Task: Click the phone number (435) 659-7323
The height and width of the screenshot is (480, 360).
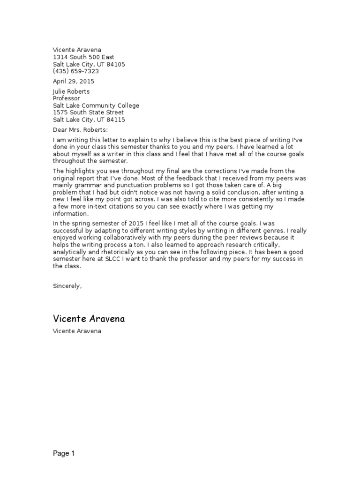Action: [75, 71]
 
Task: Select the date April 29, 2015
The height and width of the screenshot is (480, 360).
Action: [73, 81]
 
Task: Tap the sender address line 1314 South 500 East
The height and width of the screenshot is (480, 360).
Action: [83, 57]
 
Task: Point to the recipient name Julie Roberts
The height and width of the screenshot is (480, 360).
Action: [71, 91]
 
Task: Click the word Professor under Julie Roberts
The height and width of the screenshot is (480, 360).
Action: [66, 98]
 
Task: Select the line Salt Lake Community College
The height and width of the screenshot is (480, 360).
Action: [96, 105]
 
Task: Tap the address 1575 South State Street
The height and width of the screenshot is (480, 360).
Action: [88, 112]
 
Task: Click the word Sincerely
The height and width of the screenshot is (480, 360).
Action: [67, 285]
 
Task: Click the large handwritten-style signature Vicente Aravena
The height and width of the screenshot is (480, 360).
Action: [89, 319]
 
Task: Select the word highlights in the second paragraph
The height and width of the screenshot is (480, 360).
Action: [81, 171]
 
